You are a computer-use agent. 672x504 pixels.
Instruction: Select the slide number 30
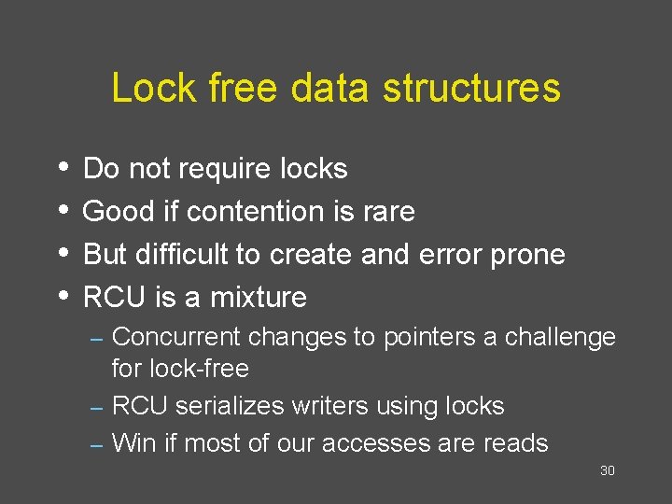607,470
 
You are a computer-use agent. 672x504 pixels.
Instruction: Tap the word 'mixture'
259,297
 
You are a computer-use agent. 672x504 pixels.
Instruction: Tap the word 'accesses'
385,443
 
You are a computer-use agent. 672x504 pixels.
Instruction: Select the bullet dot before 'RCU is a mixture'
62,296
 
